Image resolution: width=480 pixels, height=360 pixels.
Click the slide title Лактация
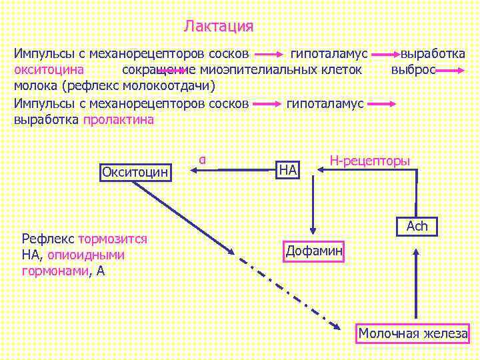pos(219,27)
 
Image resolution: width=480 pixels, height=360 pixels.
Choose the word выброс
pos(413,70)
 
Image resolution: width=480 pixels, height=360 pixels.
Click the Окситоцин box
pos(136,172)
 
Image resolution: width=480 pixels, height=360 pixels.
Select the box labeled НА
pos(288,170)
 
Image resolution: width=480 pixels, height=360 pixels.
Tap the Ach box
pos(417,227)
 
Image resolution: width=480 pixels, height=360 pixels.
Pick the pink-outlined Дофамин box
pos(314,251)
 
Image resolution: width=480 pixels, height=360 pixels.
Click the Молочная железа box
pos(413,333)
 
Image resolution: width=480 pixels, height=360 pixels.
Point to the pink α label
pos(201,159)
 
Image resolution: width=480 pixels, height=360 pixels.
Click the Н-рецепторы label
pos(370,160)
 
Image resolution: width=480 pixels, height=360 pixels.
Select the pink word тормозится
pos(113,239)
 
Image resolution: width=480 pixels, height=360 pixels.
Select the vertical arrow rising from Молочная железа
pos(416,283)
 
